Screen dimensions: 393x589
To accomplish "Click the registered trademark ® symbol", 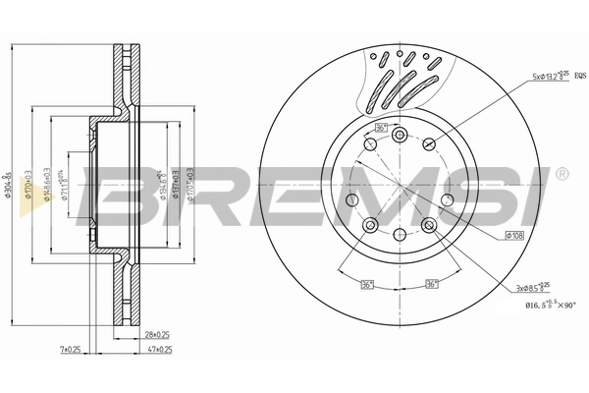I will pyautogui.click(x=561, y=173).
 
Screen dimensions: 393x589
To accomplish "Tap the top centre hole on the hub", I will pyautogui.click(x=400, y=136).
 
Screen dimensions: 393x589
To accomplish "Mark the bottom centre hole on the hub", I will pyautogui.click(x=400, y=234).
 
